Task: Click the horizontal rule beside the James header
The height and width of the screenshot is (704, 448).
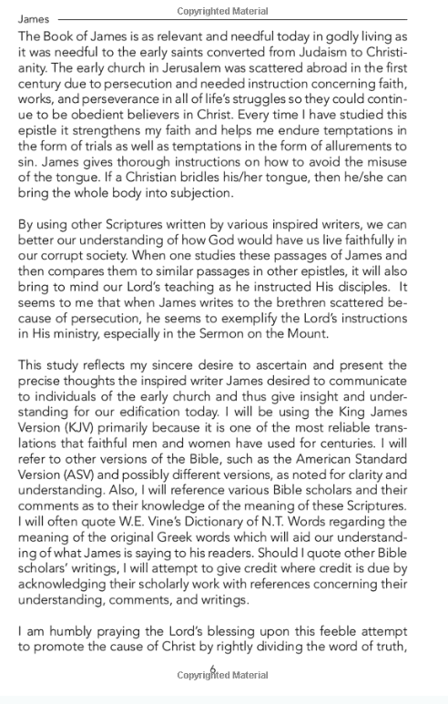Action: (245, 18)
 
